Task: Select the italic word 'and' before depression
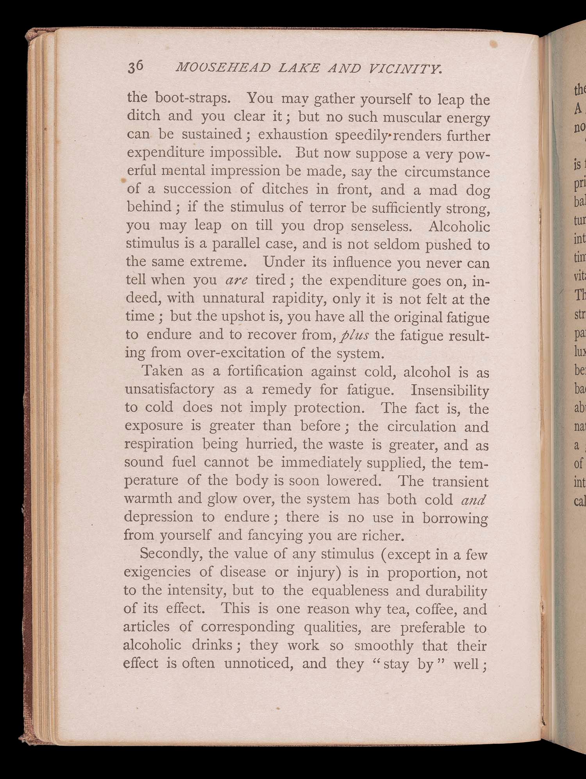pyautogui.click(x=473, y=500)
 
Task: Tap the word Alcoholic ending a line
pyautogui.click(x=459, y=227)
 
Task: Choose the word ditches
pyautogui.click(x=285, y=189)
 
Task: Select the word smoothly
pyautogui.click(x=383, y=646)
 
